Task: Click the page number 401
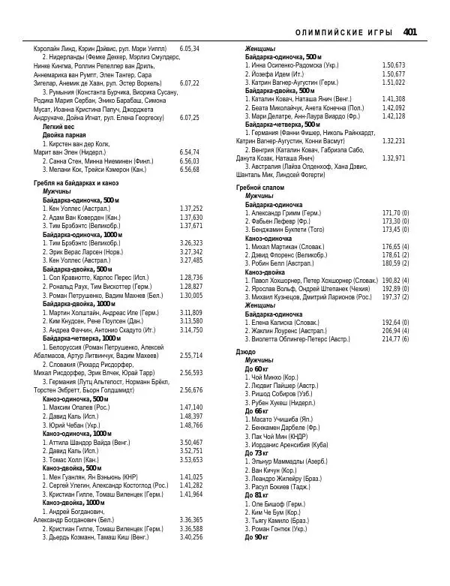(409, 32)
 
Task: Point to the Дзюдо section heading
(245, 351)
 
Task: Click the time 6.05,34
(190, 48)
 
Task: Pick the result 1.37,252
(191, 209)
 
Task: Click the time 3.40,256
(191, 558)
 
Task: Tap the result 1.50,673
(394, 65)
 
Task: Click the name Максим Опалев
(75, 407)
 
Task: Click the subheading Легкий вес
(58, 128)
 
